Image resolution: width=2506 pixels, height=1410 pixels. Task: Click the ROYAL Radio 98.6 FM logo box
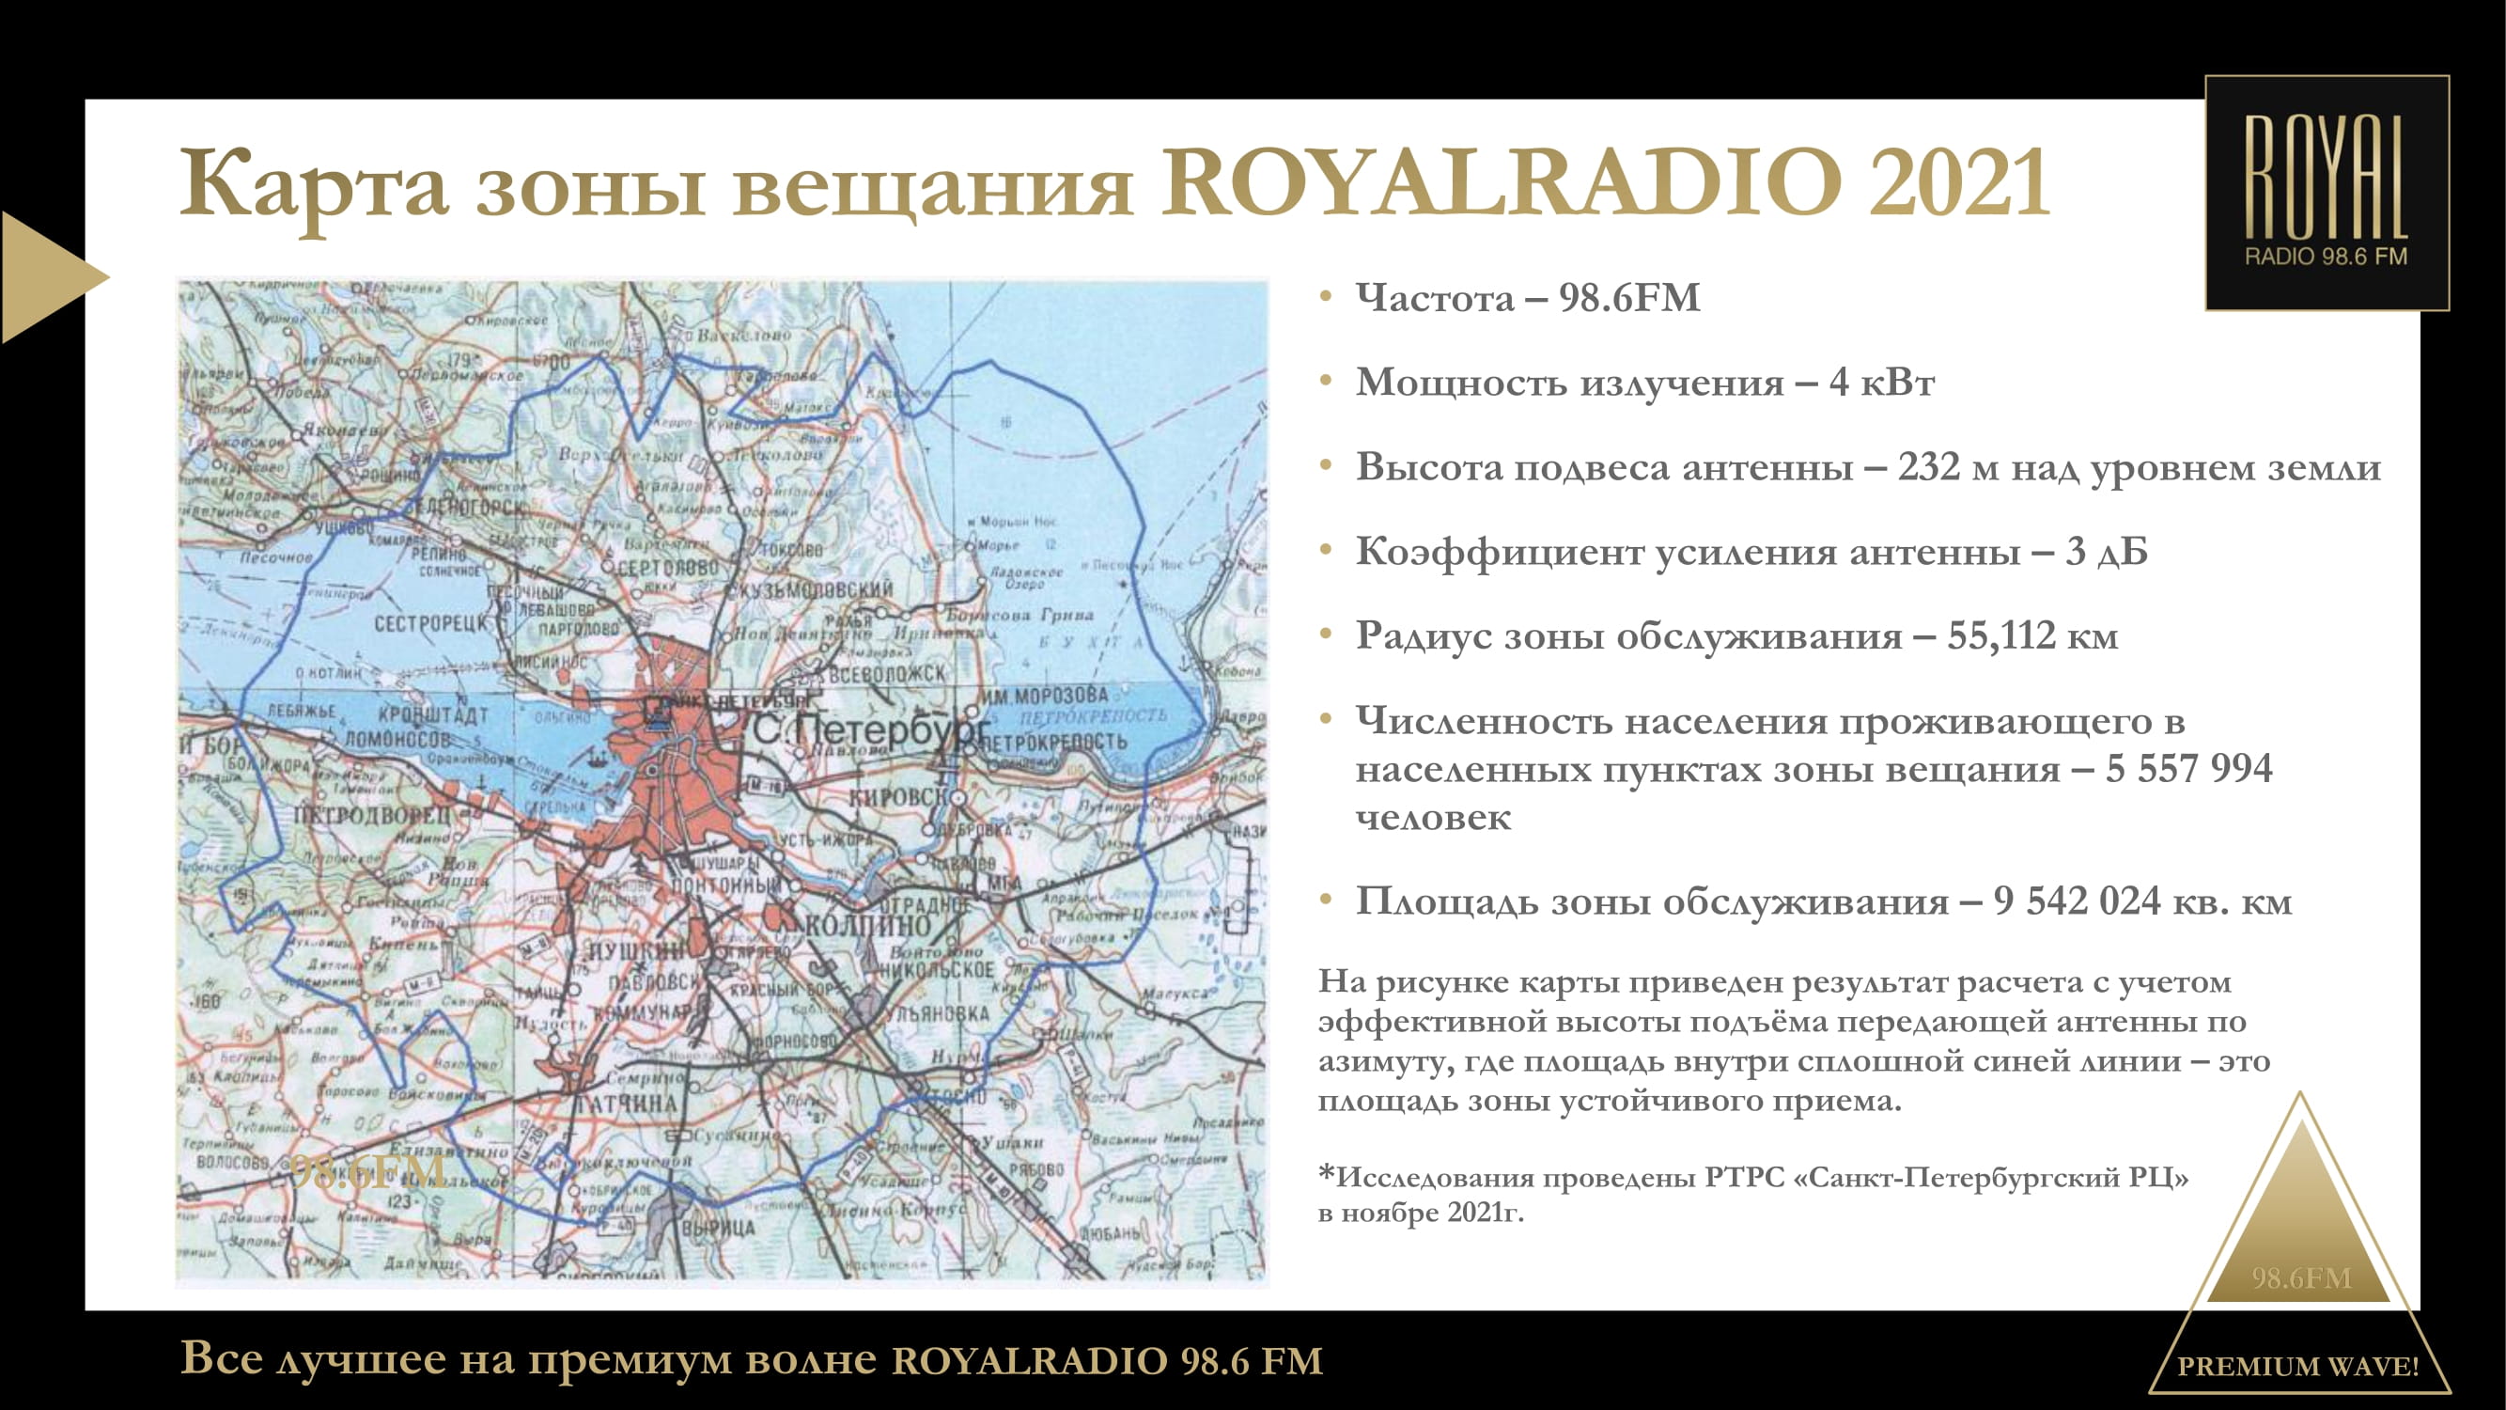(2326, 193)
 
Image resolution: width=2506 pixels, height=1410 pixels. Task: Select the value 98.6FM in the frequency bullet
(1629, 298)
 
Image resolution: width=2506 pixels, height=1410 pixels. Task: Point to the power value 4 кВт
(1881, 383)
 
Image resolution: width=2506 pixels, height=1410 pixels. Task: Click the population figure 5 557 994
(2188, 769)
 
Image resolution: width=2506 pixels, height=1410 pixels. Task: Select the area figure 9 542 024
(2076, 901)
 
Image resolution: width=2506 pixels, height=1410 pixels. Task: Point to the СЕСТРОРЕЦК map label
(430, 624)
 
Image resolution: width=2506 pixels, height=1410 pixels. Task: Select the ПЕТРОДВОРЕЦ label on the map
(374, 814)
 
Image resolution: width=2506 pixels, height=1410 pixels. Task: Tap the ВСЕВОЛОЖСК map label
(886, 674)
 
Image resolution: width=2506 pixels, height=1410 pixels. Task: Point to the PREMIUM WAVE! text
(2297, 1366)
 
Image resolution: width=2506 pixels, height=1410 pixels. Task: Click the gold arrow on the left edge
(44, 277)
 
